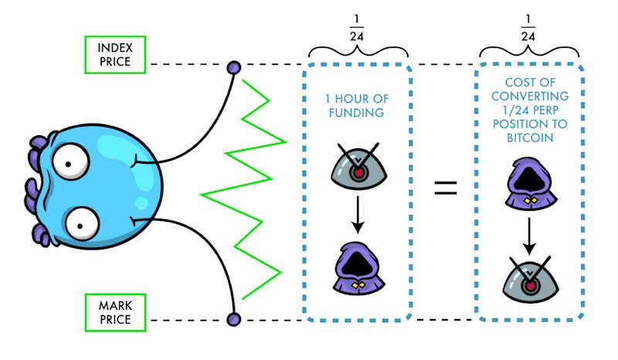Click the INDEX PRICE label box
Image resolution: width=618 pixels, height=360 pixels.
tap(115, 55)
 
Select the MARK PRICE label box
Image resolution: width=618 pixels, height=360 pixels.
tap(115, 313)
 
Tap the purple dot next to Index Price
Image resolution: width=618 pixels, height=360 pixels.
tap(234, 67)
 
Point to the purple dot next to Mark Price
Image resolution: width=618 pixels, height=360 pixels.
tap(234, 319)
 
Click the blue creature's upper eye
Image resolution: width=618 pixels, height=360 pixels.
tap(71, 161)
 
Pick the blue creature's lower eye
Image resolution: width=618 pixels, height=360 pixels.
tap(82, 223)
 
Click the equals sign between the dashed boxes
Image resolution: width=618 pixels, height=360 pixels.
tap(446, 188)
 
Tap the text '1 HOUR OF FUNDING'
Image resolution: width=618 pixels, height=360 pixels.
tap(357, 106)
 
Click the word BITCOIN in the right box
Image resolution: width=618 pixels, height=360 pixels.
tap(530, 138)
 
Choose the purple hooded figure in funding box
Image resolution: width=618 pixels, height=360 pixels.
tap(358, 268)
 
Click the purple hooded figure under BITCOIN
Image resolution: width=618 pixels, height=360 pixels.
tap(531, 184)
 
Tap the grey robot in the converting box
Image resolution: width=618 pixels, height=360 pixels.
tap(531, 280)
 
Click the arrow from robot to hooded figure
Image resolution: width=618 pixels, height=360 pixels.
tap(358, 215)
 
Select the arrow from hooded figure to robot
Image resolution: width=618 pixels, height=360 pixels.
tap(529, 236)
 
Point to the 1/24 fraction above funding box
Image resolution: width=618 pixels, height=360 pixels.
tap(357, 28)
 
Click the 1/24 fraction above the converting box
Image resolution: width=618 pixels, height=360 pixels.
tap(528, 28)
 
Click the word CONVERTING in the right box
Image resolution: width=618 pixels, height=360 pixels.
tap(530, 97)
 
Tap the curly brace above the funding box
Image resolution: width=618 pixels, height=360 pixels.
tap(358, 52)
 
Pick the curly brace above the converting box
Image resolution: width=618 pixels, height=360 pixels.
tap(529, 52)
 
